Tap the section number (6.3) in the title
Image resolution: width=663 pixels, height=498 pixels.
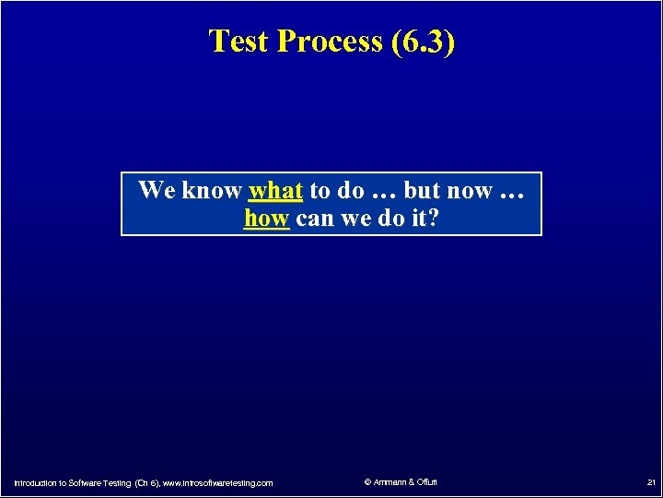[x=422, y=41]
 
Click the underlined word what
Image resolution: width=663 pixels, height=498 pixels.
[x=275, y=191]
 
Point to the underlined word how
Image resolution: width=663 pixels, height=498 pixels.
[x=267, y=219]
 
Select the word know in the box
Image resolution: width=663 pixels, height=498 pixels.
[x=211, y=191]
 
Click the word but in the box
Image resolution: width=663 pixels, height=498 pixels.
[x=423, y=191]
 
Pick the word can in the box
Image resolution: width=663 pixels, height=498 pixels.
[x=315, y=219]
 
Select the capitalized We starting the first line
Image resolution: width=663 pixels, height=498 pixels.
[x=157, y=191]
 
